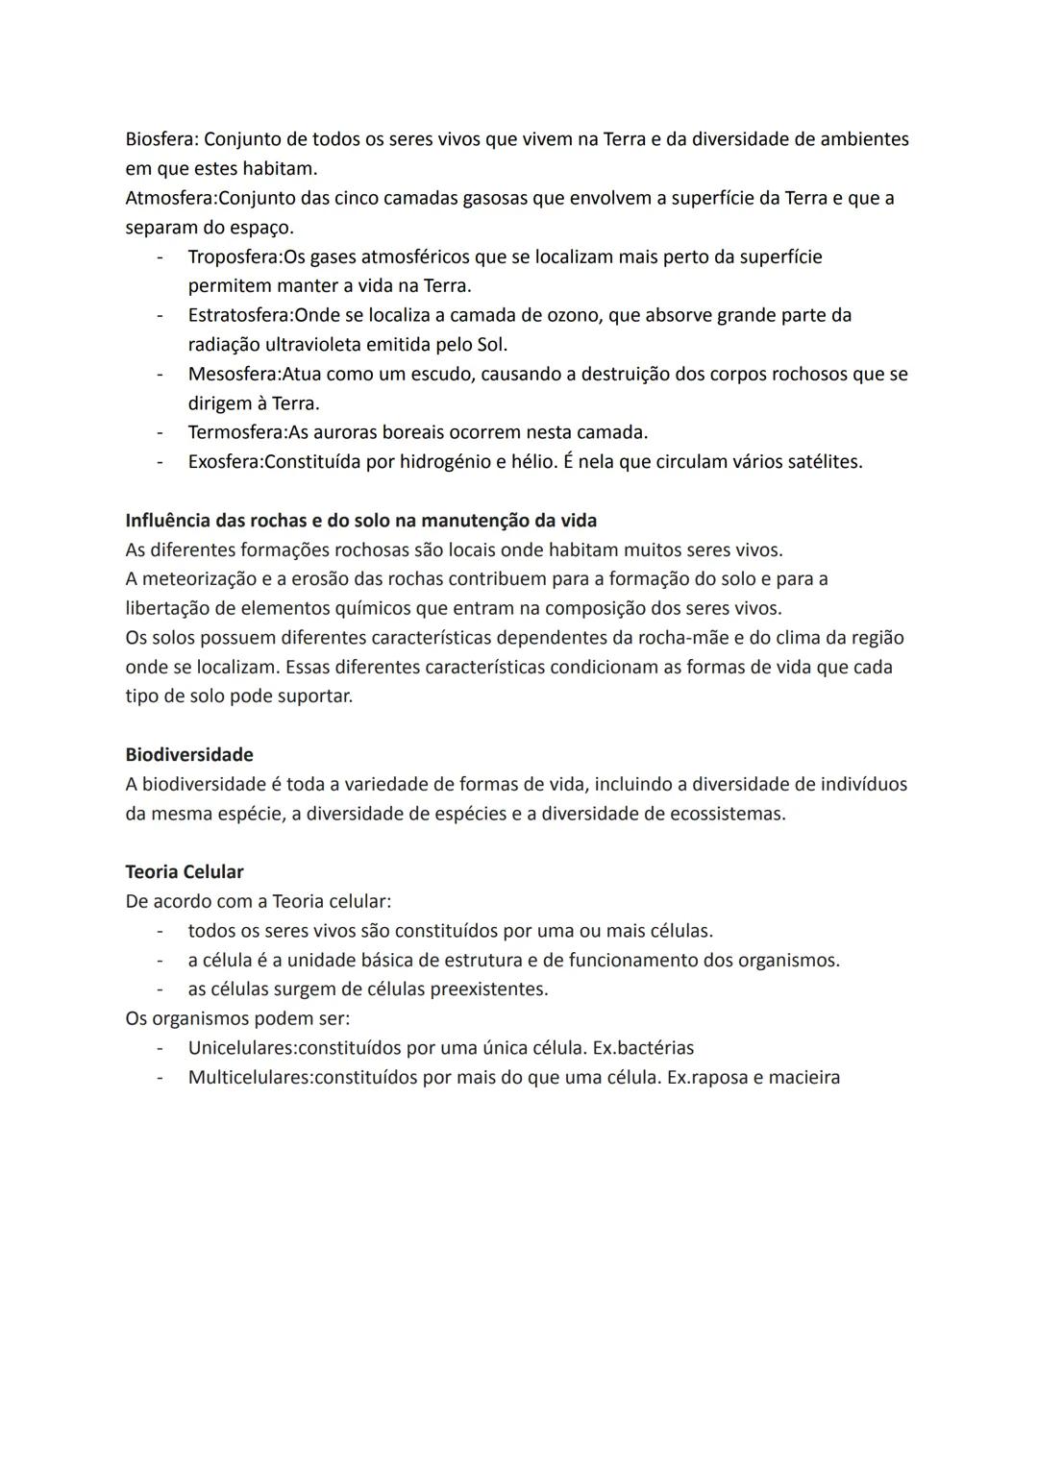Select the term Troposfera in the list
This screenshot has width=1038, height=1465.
point(234,257)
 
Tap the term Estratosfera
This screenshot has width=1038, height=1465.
point(239,316)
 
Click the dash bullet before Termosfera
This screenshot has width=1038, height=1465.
point(161,433)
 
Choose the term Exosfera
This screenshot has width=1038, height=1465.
point(224,462)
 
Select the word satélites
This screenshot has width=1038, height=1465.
point(822,462)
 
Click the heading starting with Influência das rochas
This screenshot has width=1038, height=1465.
point(360,521)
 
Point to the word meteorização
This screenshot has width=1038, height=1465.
point(205,579)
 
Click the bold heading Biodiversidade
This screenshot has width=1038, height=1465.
point(189,755)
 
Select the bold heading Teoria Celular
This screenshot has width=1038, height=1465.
point(185,872)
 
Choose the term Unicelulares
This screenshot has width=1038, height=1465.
point(241,1048)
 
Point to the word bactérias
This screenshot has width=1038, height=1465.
point(656,1048)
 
